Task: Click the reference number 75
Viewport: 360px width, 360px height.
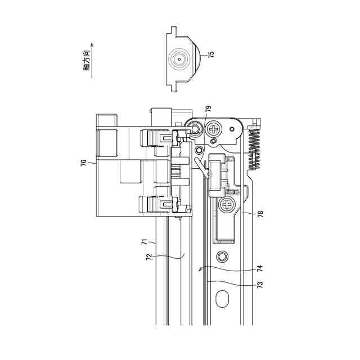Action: tap(211, 55)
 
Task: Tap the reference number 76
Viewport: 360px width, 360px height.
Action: tap(84, 163)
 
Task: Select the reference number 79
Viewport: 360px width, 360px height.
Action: tap(208, 109)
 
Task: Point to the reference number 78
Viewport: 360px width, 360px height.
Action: tap(260, 214)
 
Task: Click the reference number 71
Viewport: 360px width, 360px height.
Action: tap(145, 242)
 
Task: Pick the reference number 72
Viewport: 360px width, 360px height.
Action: tap(149, 257)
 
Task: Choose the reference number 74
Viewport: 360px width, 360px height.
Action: tap(260, 268)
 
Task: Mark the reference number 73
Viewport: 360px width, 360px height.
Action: tap(260, 285)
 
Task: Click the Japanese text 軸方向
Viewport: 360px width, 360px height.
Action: tap(87, 60)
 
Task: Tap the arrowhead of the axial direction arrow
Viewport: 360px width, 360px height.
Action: tap(92, 44)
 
